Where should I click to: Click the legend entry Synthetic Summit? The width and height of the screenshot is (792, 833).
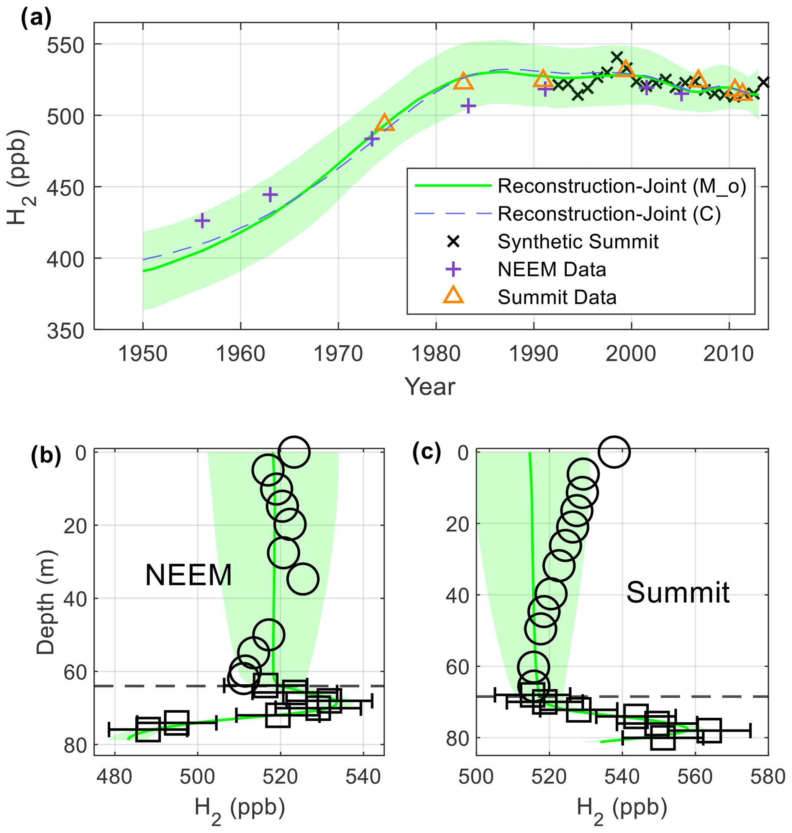pos(577,242)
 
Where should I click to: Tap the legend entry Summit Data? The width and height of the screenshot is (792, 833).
pos(556,298)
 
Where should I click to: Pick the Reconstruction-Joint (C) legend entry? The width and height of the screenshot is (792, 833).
pos(609,214)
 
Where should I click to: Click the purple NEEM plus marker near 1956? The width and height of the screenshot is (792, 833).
pos(202,220)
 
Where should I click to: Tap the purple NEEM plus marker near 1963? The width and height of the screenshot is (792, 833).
pos(270,195)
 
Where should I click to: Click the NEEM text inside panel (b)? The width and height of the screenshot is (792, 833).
pos(188,575)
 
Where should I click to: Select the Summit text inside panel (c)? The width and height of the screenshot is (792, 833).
pos(677,593)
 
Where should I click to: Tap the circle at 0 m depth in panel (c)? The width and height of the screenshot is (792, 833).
pos(614,452)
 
